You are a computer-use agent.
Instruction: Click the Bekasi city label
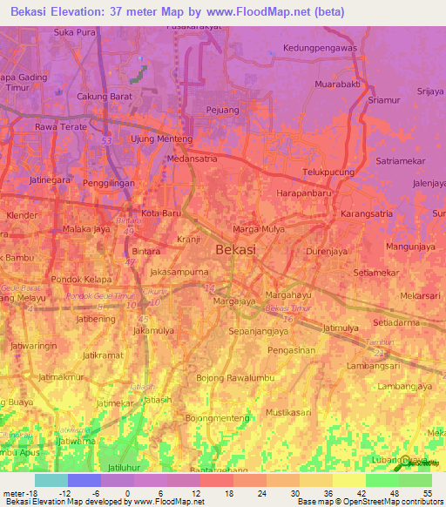pos(235,249)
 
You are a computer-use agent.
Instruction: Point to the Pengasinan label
pos(291,350)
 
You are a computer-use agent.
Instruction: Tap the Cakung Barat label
pos(104,96)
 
